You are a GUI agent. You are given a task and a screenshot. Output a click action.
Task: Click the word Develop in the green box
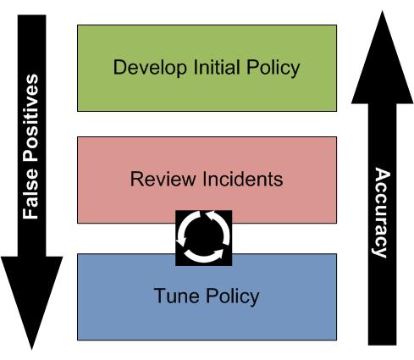click(x=150, y=68)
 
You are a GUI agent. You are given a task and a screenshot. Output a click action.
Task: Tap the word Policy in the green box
click(x=273, y=68)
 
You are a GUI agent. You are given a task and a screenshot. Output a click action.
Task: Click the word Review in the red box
click(x=163, y=179)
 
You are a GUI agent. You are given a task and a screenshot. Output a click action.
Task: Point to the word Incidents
click(x=243, y=179)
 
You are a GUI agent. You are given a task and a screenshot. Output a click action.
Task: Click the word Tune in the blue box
click(x=176, y=296)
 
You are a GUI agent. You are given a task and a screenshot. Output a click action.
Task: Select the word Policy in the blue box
click(x=232, y=296)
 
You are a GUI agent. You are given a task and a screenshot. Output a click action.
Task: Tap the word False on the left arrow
click(x=30, y=194)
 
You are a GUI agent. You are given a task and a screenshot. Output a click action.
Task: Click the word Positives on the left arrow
click(x=30, y=118)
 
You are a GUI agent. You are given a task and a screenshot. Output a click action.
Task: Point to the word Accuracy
click(x=382, y=213)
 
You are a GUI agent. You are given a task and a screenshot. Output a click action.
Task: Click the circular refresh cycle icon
click(x=204, y=238)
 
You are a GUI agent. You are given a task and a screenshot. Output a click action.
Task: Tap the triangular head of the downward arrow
click(x=31, y=302)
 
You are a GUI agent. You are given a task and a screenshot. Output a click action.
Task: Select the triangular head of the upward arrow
click(x=383, y=58)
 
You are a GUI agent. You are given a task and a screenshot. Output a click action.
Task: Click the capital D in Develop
click(x=119, y=67)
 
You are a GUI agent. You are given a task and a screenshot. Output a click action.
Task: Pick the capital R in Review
click(x=137, y=179)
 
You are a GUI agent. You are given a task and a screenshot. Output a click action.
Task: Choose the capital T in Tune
click(x=160, y=296)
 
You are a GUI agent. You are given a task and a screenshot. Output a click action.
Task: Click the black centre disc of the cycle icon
click(x=204, y=238)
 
